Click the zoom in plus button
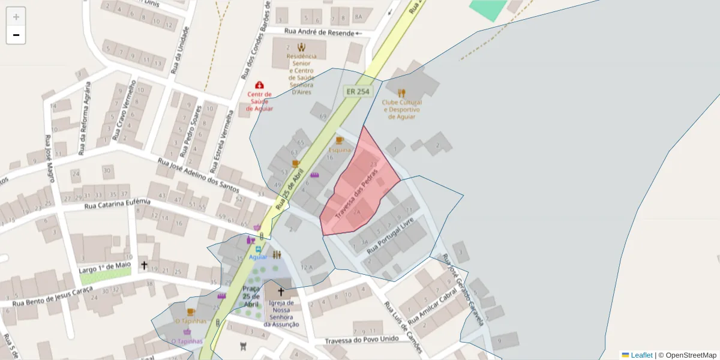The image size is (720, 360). tap(16, 17)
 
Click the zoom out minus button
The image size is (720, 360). tap(16, 35)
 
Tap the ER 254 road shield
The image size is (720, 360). tap(358, 91)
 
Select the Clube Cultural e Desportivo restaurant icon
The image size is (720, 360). tap(401, 93)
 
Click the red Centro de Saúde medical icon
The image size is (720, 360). tap(259, 85)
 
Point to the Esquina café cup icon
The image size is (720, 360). tap(339, 140)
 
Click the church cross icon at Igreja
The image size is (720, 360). tap(280, 292)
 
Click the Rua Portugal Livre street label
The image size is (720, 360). tap(390, 235)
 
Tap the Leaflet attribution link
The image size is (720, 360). tap(641, 355)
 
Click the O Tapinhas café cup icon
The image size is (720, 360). tap(191, 312)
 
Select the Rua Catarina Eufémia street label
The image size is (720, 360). tap(117, 205)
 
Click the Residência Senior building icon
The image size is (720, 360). tap(301, 47)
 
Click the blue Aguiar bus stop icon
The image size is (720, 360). tap(259, 249)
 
